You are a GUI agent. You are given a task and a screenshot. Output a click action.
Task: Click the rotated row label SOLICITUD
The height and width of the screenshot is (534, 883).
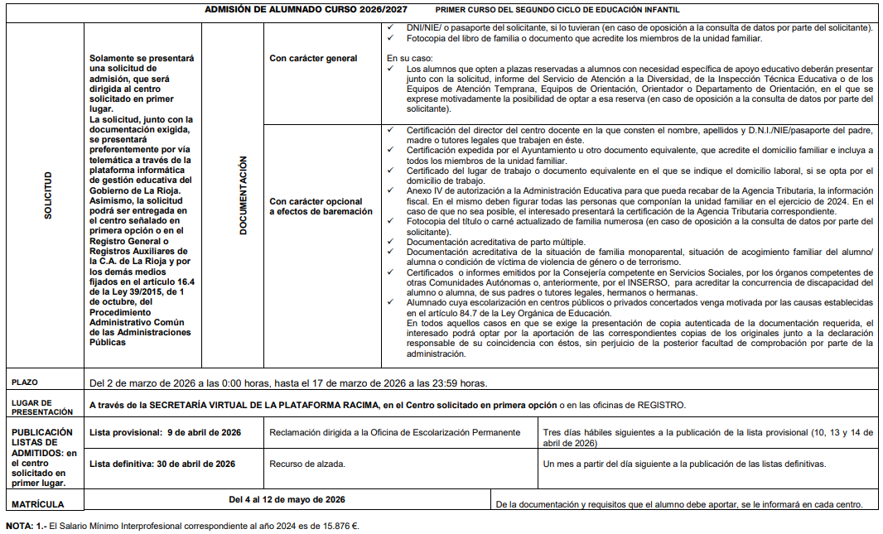coord(48,195)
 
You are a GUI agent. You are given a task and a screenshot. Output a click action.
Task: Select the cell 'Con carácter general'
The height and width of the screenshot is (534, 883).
coord(314,59)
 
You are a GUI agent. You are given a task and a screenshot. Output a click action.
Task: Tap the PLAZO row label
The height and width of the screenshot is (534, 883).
coord(25,382)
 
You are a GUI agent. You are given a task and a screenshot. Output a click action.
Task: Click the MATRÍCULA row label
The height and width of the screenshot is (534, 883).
coord(37,503)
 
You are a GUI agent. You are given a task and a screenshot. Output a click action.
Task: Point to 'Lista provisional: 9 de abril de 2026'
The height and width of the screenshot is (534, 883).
coord(165,432)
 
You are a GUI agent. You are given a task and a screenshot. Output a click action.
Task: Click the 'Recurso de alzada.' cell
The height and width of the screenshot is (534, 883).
coord(307,464)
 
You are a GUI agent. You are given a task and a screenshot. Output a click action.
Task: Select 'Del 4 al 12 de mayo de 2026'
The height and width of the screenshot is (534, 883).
coord(287,499)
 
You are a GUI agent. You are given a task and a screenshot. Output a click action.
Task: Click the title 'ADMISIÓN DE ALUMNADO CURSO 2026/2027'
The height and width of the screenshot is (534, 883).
coord(307,10)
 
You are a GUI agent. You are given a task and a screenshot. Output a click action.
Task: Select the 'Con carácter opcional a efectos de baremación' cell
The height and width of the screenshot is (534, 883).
coord(316,207)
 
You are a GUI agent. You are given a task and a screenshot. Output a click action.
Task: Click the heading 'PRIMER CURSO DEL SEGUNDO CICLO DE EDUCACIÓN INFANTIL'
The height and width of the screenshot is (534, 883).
coord(557,10)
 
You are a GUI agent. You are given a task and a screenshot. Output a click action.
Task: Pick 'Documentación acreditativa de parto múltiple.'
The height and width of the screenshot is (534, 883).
coord(495,241)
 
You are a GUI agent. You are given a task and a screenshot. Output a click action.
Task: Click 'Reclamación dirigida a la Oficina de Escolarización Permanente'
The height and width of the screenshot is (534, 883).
coord(394,432)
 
